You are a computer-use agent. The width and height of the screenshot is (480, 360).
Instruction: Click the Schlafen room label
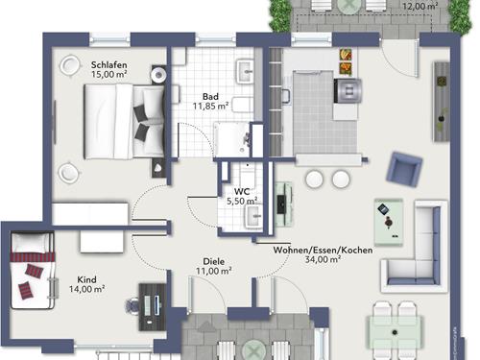(108, 65)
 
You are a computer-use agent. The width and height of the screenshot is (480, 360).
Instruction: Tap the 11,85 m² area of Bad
(210, 106)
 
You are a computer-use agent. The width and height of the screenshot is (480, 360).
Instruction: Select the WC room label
(242, 192)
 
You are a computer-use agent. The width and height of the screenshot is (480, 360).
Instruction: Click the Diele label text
(214, 261)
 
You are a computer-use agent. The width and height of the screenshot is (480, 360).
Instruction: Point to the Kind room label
(86, 279)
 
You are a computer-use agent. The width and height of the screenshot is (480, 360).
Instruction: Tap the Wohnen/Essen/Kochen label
(323, 251)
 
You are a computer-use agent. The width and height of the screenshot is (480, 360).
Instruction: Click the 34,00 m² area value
(323, 259)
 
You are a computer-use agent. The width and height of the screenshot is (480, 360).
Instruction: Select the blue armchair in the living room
(404, 168)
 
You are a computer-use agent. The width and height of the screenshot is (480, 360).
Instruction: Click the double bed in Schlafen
(125, 121)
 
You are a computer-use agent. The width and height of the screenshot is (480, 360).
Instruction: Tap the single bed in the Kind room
(32, 271)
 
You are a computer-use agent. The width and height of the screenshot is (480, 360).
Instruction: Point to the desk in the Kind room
(153, 306)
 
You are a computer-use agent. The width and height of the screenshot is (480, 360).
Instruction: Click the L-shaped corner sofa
(416, 247)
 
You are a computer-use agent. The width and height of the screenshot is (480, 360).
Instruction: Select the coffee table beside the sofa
(389, 222)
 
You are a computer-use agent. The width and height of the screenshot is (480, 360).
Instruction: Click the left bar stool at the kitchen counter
(314, 180)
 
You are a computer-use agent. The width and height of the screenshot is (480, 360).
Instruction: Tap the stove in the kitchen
(348, 91)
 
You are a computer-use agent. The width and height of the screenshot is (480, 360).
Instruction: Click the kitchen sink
(286, 97)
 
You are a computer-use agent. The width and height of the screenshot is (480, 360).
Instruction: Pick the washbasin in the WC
(253, 217)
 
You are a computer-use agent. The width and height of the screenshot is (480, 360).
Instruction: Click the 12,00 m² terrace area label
(420, 6)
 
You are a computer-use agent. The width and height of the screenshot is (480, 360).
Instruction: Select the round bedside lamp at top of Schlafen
(69, 65)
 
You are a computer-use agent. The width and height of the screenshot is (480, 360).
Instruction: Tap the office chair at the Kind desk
(132, 306)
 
